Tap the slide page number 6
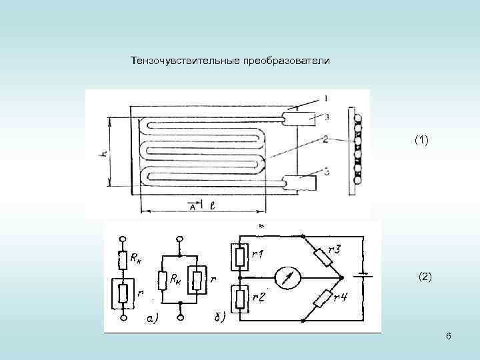(449, 336)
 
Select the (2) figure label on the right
(425, 277)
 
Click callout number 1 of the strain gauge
(325, 99)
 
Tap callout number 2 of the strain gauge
(325, 139)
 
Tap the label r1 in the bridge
(259, 254)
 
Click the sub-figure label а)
(152, 320)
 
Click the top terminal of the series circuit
(122, 238)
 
